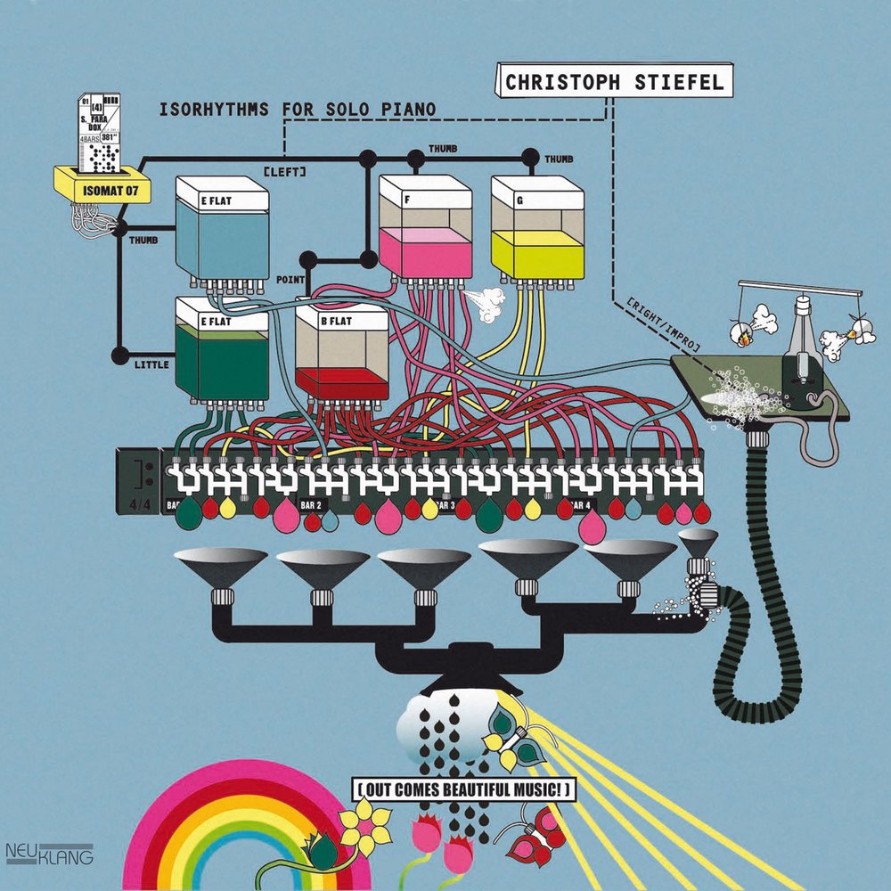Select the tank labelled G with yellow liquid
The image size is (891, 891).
tap(537, 229)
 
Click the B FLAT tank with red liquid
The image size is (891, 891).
tap(341, 353)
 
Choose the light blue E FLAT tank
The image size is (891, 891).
tap(222, 229)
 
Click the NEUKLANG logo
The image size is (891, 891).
tap(49, 853)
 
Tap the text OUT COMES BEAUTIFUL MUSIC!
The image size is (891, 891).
tap(462, 789)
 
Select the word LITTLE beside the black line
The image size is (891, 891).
tap(150, 364)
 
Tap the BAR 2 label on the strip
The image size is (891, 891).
tap(311, 504)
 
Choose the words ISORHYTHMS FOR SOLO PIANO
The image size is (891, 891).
tap(297, 110)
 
